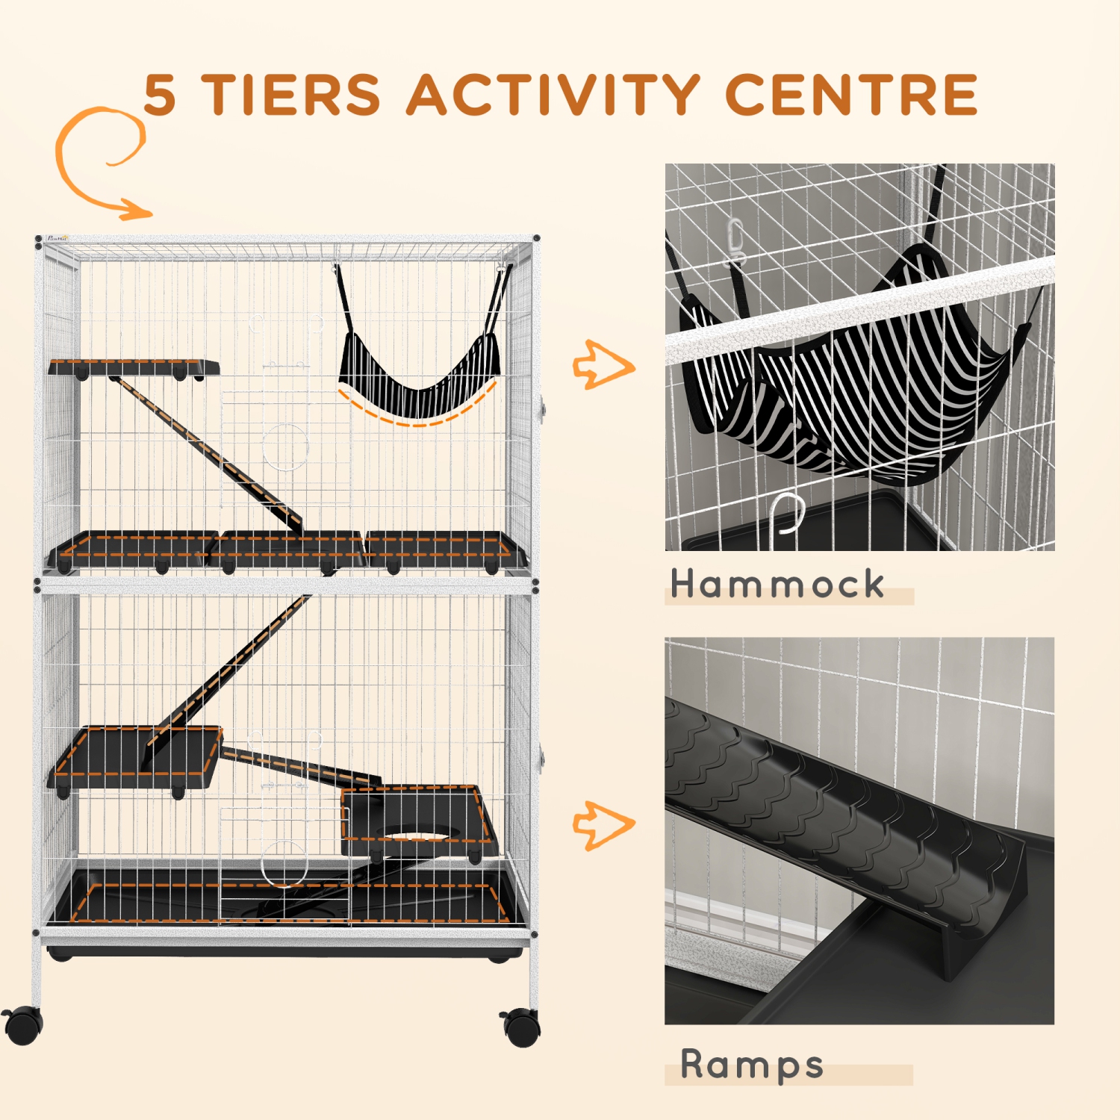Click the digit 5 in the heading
pyautogui.click(x=160, y=96)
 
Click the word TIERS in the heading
pyautogui.click(x=291, y=96)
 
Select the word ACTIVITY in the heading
pyautogui.click(x=553, y=96)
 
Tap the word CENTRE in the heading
pyautogui.click(x=851, y=96)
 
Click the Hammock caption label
pyautogui.click(x=777, y=584)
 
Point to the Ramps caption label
pyautogui.click(x=752, y=1065)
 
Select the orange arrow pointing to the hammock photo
pyautogui.click(x=603, y=365)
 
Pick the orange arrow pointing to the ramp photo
pyautogui.click(x=603, y=825)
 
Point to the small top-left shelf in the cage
pyautogui.click(x=134, y=367)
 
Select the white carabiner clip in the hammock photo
pyautogui.click(x=736, y=243)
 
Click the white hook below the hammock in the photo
pyautogui.click(x=785, y=515)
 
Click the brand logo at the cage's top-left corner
pyautogui.click(x=57, y=239)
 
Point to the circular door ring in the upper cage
pyautogui.click(x=285, y=446)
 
